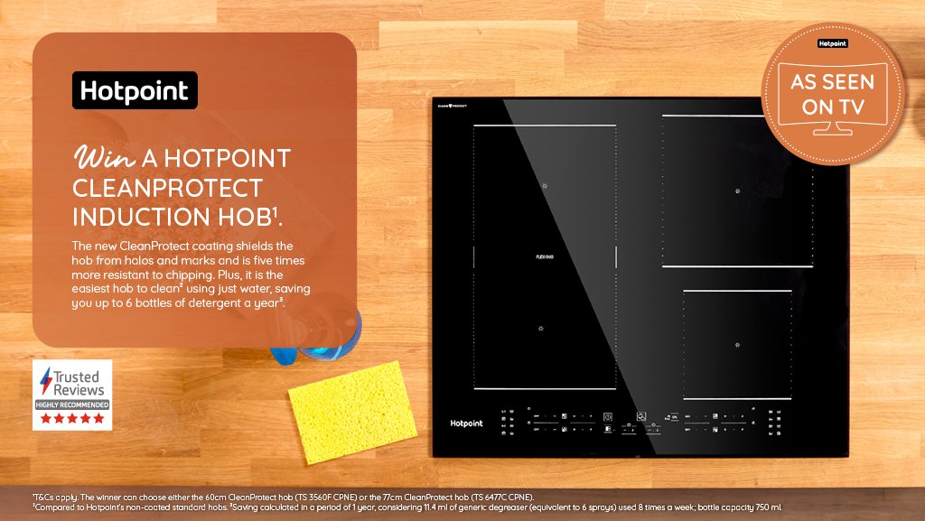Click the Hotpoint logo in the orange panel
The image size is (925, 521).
tap(135, 90)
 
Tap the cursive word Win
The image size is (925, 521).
tap(104, 158)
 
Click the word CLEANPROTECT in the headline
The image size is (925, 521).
tap(167, 188)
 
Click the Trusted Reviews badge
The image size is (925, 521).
tap(72, 395)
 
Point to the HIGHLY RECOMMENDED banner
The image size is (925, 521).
tap(72, 405)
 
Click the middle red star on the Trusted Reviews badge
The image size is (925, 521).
tap(72, 418)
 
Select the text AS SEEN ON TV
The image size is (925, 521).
tap(832, 95)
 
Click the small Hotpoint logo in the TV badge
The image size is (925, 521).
tap(832, 43)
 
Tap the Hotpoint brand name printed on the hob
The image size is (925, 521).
tap(466, 423)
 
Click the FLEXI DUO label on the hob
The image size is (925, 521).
tap(545, 256)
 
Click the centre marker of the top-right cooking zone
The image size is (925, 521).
tap(737, 191)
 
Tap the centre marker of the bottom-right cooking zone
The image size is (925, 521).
tap(737, 345)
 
